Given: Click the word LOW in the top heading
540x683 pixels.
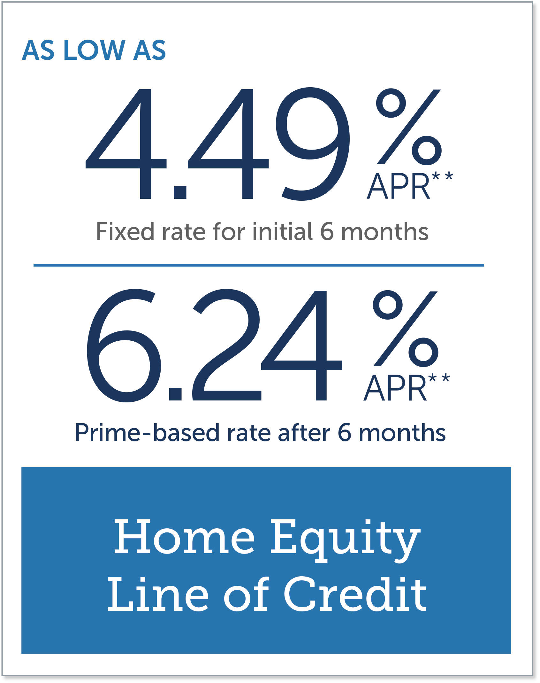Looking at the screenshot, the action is pos(94,50).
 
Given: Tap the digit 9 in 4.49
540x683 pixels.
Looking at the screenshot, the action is pos(313,144).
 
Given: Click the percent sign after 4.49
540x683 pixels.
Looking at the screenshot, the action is pos(409,127).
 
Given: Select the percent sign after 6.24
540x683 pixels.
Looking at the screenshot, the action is pos(406,329).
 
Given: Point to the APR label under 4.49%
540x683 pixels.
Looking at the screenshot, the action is pos(399,186).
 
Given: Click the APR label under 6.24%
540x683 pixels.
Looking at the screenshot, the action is pos(395,388).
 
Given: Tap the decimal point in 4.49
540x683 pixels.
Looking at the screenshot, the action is pos(180,192).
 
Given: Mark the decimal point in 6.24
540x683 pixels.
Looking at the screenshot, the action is pos(175,394).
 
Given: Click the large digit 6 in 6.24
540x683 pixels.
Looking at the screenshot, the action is pos(124,345).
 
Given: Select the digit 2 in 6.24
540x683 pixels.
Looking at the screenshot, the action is pos(226,345).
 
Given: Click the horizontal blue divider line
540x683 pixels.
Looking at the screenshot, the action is pos(259,265).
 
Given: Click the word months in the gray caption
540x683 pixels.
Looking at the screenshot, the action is pos(385,231).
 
